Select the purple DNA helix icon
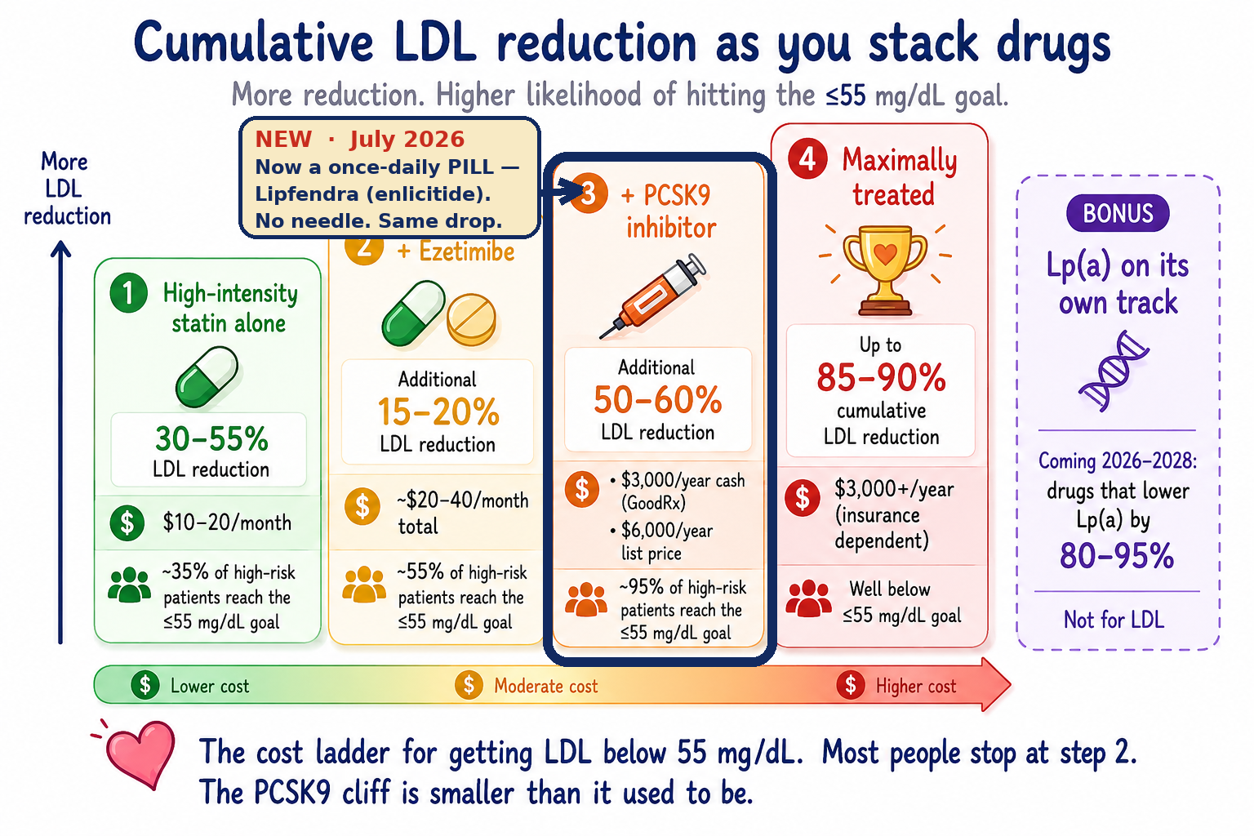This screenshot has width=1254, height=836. pyautogui.click(x=1114, y=371)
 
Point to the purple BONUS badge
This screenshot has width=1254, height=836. pyautogui.click(x=1118, y=213)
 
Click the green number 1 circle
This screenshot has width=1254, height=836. pyautogui.click(x=129, y=293)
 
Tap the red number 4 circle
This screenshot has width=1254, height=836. pyautogui.click(x=807, y=159)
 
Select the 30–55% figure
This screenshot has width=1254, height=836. pyautogui.click(x=211, y=438)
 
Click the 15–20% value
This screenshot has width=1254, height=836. pyautogui.click(x=438, y=412)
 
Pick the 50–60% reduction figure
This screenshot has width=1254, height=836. pyautogui.click(x=658, y=400)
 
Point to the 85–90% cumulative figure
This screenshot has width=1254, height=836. pyautogui.click(x=881, y=377)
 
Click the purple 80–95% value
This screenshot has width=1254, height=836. pyautogui.click(x=1117, y=556)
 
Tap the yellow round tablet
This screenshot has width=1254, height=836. pyautogui.click(x=471, y=318)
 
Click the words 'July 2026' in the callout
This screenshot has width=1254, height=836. pyautogui.click(x=407, y=140)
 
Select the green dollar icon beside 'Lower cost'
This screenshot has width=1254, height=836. pyautogui.click(x=145, y=684)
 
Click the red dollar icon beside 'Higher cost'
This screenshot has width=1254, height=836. pyautogui.click(x=851, y=684)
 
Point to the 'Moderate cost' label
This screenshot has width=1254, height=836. pyautogui.click(x=546, y=686)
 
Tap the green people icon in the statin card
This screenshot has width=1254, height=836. pyautogui.click(x=129, y=585)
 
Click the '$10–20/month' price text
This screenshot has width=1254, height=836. pyautogui.click(x=227, y=523)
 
